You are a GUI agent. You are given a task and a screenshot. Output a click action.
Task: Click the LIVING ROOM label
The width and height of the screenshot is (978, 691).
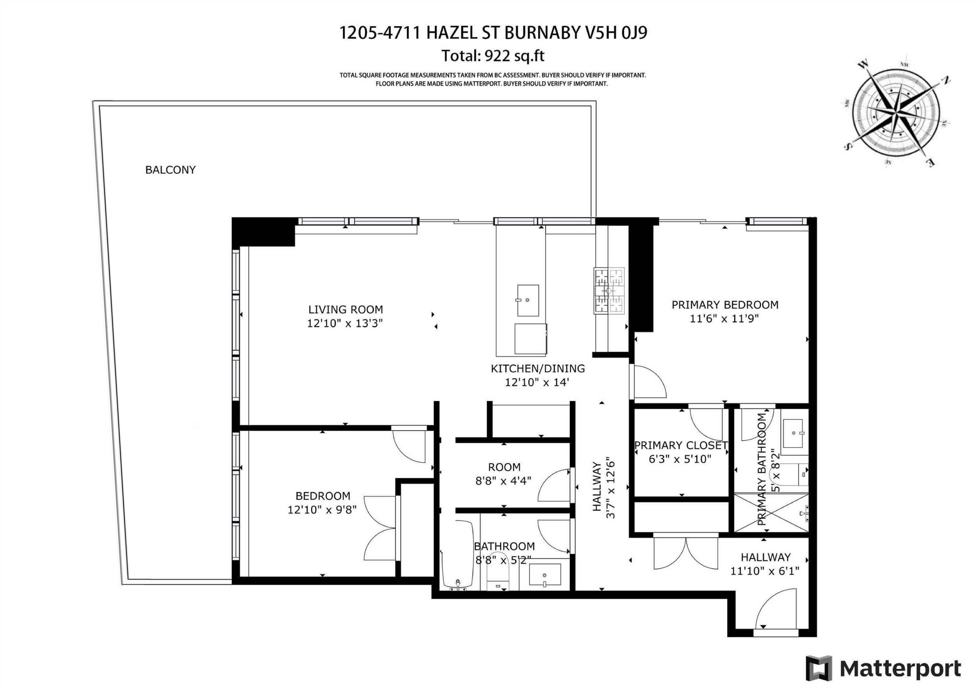pos(346,310)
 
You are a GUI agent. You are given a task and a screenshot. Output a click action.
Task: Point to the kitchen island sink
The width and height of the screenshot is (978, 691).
pos(528,301)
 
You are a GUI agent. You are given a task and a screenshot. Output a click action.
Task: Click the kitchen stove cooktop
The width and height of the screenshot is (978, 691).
pos(609,291)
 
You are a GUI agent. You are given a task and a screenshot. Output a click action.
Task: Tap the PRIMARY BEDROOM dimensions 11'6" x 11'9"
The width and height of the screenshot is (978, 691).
pos(724,319)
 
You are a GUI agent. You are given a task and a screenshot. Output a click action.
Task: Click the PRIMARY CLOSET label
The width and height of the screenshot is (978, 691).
pos(681,445)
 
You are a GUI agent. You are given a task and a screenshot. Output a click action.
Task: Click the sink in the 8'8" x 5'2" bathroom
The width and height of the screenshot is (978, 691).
pos(545,575)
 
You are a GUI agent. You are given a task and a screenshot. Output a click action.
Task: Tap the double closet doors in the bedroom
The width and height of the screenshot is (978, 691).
pos(380,528)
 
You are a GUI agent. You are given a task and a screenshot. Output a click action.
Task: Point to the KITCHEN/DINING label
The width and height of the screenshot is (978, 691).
pos(538,369)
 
